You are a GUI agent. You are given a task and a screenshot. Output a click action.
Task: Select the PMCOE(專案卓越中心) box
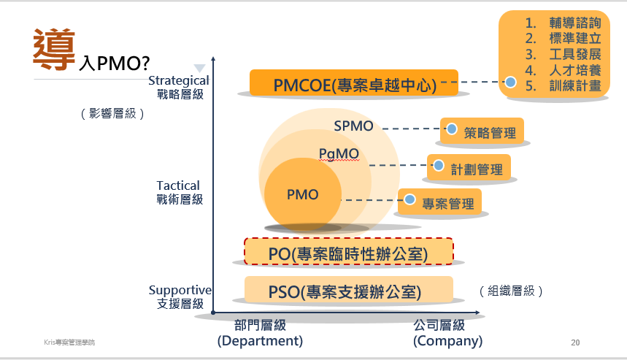click(354, 84)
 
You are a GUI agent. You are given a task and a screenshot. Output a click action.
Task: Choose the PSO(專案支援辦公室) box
click(348, 291)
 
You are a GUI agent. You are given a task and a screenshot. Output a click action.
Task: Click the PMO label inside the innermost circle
click(302, 195)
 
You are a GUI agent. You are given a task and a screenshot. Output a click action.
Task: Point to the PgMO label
click(339, 153)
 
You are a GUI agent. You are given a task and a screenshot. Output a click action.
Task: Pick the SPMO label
click(353, 126)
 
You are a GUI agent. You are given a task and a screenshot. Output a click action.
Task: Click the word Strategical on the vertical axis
click(179, 80)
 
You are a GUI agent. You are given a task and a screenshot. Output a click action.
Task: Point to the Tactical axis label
click(178, 185)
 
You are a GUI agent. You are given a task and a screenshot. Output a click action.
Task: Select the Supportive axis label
click(179, 290)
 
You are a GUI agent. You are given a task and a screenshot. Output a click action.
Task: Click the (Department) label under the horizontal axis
click(260, 341)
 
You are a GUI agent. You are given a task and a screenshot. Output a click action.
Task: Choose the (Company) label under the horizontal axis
click(447, 341)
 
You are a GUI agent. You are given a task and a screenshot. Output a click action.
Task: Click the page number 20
click(575, 342)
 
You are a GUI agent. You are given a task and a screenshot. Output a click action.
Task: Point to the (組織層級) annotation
click(512, 291)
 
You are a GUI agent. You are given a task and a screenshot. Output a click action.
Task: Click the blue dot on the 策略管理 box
click(452, 129)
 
